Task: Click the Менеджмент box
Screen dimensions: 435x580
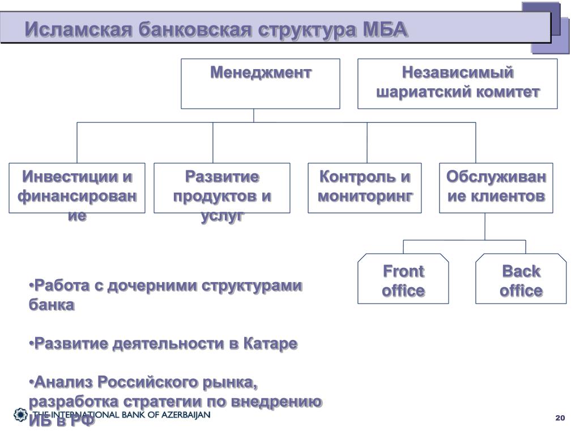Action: point(261,83)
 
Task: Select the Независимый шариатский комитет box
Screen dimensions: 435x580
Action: point(457,83)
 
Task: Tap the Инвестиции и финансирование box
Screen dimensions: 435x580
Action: point(77,188)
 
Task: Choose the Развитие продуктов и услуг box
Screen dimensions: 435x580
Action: point(222,188)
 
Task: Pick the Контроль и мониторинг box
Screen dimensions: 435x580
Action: point(365,188)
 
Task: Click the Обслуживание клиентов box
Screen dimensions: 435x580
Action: point(496,188)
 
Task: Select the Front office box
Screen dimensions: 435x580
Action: point(403,279)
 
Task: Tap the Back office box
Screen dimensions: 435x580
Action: point(521,279)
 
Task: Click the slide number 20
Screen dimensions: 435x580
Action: point(560,418)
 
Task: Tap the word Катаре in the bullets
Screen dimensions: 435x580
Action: point(271,343)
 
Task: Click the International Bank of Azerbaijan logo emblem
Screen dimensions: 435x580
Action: point(20,415)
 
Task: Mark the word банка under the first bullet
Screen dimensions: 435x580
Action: point(52,305)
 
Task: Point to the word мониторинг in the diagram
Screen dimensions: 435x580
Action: point(365,197)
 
